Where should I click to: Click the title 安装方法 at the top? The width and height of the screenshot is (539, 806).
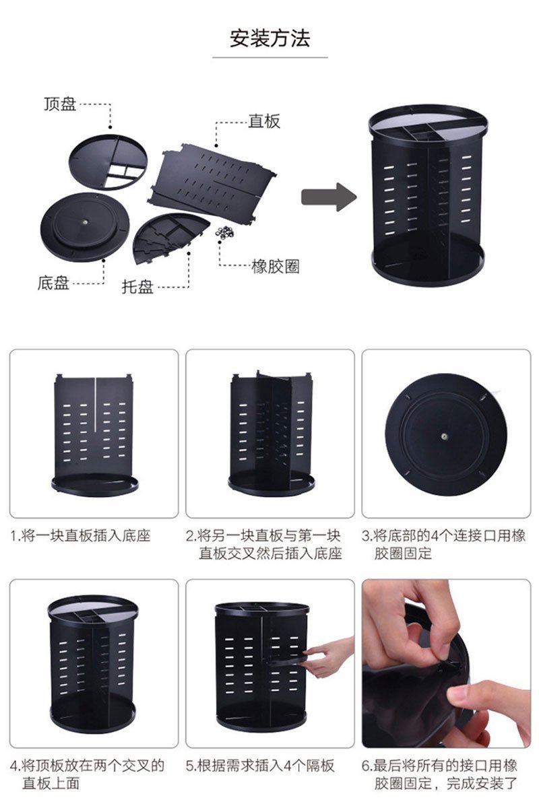270,38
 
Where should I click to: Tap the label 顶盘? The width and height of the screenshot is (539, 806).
60,104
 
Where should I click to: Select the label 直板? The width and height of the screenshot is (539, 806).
264,121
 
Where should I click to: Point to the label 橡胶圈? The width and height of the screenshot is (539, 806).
275,266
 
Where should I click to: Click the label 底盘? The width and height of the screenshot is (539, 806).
53,283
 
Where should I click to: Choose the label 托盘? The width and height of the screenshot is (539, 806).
137,286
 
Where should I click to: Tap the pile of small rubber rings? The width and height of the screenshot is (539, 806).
225,233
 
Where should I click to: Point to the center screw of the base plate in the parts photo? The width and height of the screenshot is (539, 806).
86,222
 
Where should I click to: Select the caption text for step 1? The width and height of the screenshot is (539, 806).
80,535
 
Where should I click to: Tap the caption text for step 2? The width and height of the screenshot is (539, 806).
264,544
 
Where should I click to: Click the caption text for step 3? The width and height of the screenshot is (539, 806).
444,544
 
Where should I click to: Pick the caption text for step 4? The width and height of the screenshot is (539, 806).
87,774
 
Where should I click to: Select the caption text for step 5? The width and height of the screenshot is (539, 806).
260,766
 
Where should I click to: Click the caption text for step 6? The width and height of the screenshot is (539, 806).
440,774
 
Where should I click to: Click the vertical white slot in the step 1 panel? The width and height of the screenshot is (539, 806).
95,405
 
